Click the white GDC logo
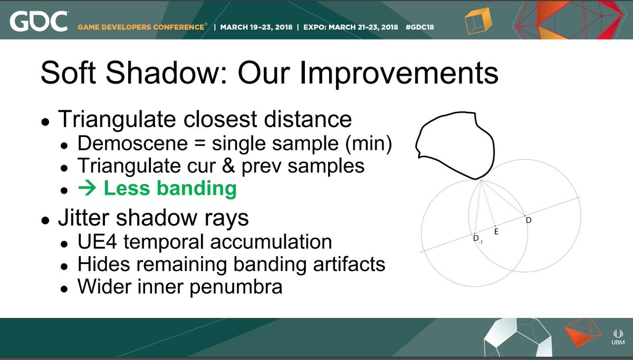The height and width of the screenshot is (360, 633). pyautogui.click(x=39, y=21)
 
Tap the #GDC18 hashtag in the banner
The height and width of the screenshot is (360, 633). pyautogui.click(x=420, y=27)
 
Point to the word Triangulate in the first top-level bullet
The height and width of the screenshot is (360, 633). pyautogui.click(x=117, y=120)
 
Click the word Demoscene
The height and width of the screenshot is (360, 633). pyautogui.click(x=132, y=143)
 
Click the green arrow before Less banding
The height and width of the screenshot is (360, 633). pyautogui.click(x=88, y=188)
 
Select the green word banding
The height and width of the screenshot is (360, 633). pyautogui.click(x=197, y=189)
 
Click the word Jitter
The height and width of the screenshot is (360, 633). pyautogui.click(x=83, y=217)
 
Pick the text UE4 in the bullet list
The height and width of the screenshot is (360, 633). pyautogui.click(x=97, y=242)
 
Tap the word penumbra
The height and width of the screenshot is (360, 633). pyautogui.click(x=236, y=287)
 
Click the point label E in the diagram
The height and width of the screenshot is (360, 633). pyautogui.click(x=496, y=232)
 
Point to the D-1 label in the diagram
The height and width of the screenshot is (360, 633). pyautogui.click(x=477, y=239)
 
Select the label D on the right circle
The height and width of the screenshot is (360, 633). pyautogui.click(x=529, y=220)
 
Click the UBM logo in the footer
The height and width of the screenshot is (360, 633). pyautogui.click(x=618, y=337)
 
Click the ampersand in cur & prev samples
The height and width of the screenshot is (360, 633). pyautogui.click(x=228, y=166)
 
